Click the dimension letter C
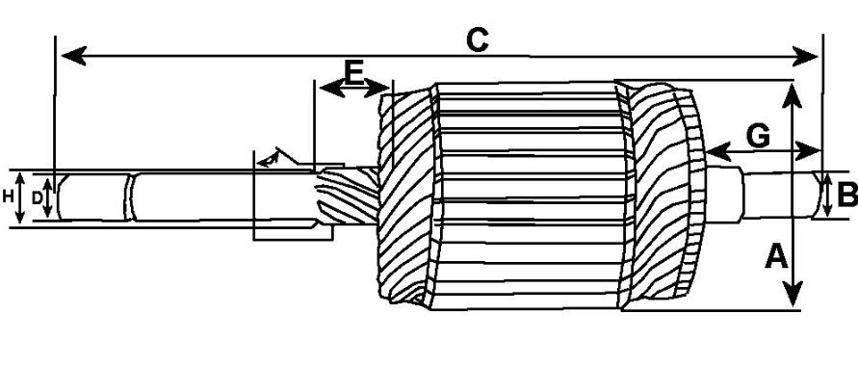478,40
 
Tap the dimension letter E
354,72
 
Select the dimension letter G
758,137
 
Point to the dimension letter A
776,256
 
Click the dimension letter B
847,195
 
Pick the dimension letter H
8,196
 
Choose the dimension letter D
37,198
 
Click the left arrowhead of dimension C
74,56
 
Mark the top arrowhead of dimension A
793,95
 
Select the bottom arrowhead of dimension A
793,294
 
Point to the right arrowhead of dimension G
808,150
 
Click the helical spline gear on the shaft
348,196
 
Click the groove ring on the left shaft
129,197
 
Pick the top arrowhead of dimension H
19,178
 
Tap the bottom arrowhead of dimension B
827,210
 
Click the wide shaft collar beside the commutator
724,195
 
